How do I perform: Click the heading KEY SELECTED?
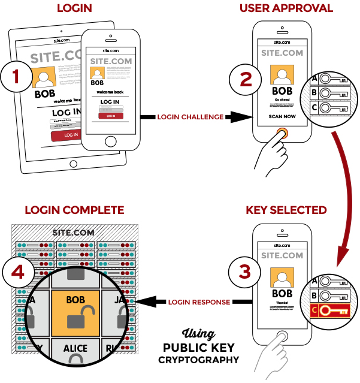click(286, 210)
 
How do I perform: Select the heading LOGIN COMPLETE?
click(74, 210)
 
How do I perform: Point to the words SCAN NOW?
click(283, 116)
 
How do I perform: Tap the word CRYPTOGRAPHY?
click(199, 360)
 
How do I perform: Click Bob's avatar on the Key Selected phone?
click(283, 276)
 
